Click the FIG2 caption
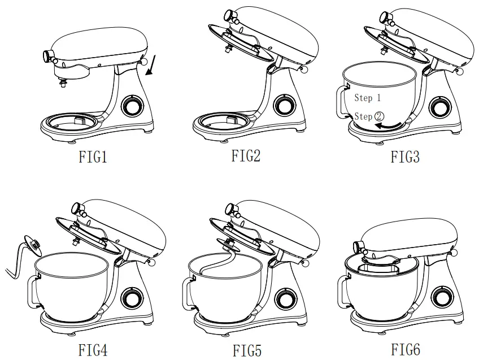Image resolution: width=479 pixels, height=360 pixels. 246,156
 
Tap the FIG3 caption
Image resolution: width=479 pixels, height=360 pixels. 404,157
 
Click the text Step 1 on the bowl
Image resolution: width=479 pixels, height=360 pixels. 367,98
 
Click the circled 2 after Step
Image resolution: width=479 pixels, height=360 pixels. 379,116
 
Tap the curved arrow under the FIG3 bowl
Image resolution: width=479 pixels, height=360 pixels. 390,125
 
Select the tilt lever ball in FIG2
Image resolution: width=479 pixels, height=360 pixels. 304,70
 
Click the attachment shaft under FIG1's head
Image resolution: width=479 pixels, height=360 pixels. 63,84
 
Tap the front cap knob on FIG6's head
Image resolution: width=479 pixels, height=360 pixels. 356,247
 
